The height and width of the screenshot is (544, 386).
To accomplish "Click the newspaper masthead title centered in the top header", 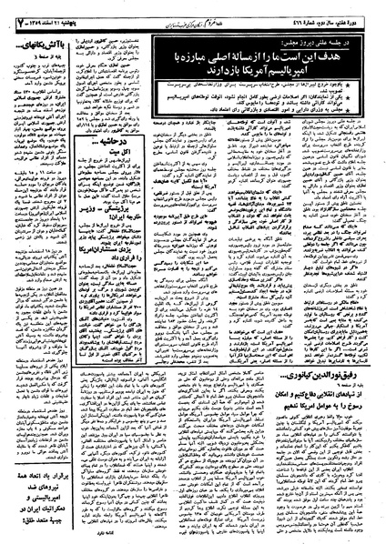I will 194,12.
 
